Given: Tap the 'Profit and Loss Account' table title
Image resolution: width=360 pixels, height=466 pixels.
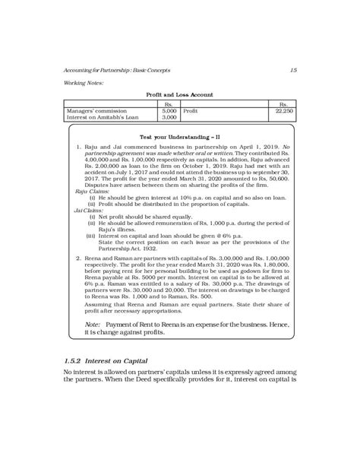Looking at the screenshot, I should point(179,95).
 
